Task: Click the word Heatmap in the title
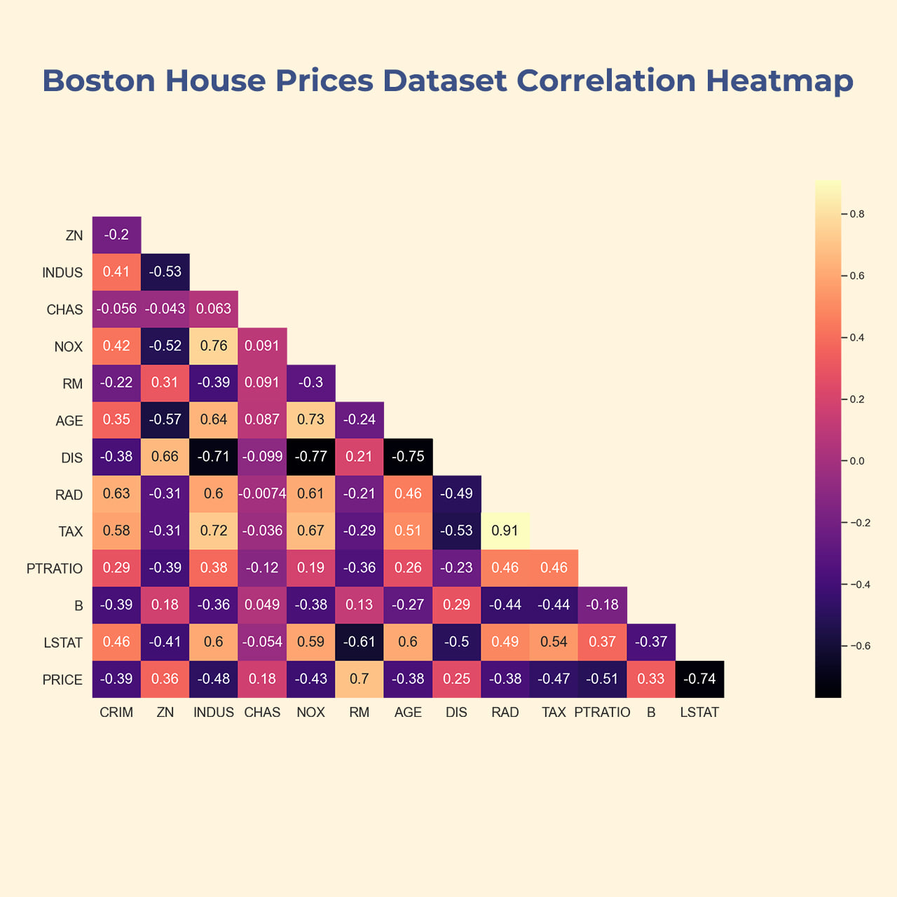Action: point(779,81)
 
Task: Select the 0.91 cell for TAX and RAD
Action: point(505,531)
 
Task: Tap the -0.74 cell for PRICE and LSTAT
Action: point(699,679)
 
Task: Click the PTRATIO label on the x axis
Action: point(602,713)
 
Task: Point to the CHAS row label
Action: point(64,310)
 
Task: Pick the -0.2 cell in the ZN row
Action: point(116,235)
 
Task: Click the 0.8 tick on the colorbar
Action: point(856,214)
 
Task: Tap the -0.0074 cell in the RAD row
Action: point(262,494)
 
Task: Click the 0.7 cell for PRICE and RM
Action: point(360,679)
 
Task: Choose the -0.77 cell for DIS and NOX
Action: point(310,457)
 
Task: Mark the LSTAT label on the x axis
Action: point(699,713)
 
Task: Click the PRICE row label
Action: point(62,680)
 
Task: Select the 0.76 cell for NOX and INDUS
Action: point(214,346)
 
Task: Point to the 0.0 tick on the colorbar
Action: point(856,461)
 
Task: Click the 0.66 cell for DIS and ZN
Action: point(165,457)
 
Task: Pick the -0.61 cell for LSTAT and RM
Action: point(360,642)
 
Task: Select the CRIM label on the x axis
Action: point(116,713)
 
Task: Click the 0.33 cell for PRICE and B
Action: point(651,679)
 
